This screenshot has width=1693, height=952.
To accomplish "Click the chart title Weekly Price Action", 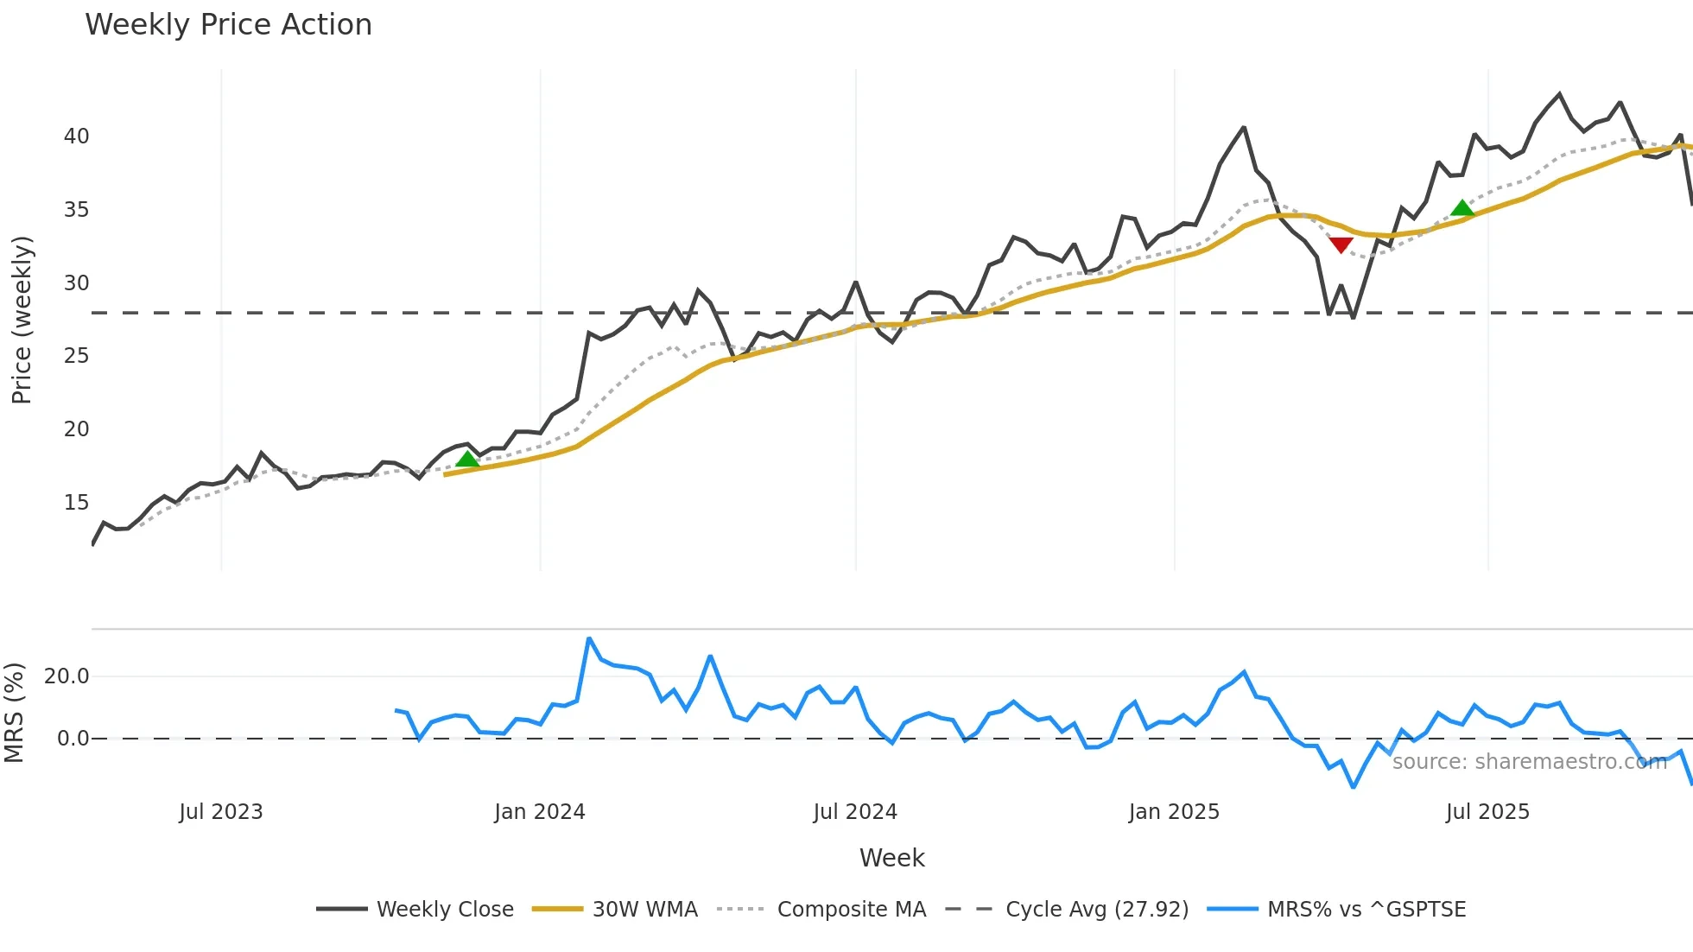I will (x=228, y=25).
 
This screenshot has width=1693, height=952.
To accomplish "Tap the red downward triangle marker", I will (x=1341, y=245).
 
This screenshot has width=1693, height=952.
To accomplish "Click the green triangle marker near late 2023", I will (x=467, y=459).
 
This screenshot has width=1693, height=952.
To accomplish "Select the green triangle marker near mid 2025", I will (x=1462, y=207).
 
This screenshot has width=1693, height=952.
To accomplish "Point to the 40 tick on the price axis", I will (x=76, y=136).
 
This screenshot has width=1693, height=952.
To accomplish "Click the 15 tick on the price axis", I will (x=76, y=503).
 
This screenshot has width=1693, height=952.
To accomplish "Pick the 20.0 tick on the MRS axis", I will (x=67, y=676).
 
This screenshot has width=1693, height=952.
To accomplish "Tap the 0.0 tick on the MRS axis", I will (x=73, y=739).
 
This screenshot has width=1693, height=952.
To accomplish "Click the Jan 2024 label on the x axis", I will (x=540, y=812).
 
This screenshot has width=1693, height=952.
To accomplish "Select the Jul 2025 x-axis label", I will (x=1487, y=812).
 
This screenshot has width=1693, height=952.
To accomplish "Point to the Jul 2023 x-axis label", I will (x=221, y=812).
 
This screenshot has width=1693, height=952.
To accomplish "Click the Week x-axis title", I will (x=891, y=858).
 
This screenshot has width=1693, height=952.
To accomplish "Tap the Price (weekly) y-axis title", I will (x=22, y=320).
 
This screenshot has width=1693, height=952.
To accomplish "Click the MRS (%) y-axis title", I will (x=15, y=713).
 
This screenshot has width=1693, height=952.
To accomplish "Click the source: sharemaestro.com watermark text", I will (x=1529, y=762).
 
